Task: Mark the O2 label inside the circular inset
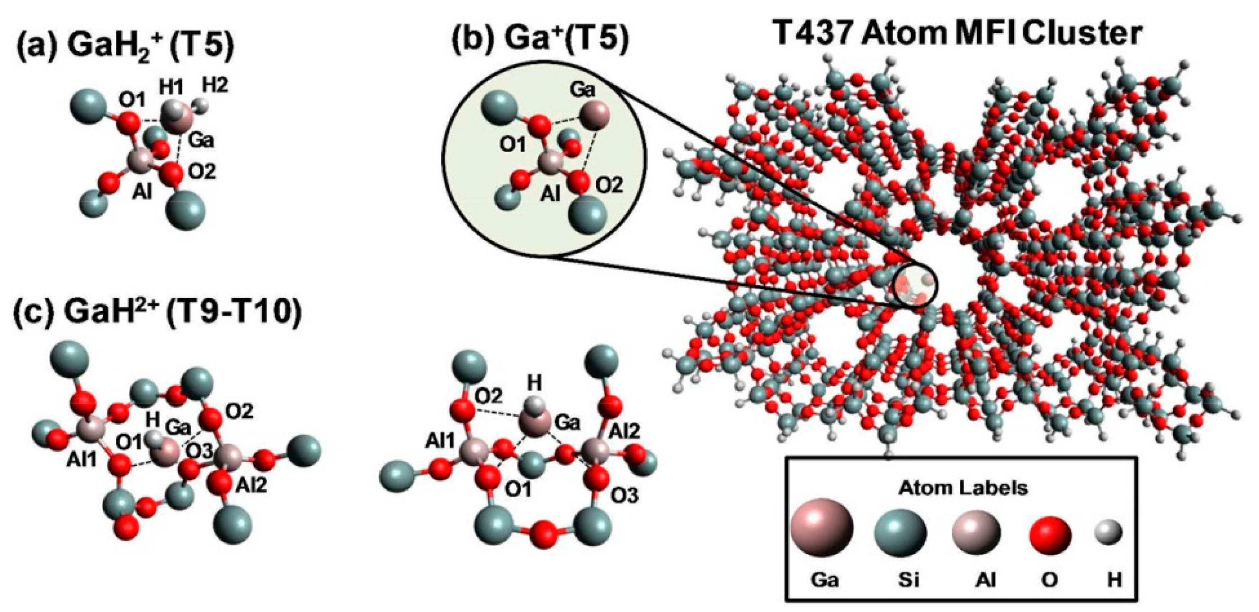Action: point(608,185)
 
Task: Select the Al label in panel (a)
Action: point(142,193)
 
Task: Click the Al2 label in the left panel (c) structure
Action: point(251,485)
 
